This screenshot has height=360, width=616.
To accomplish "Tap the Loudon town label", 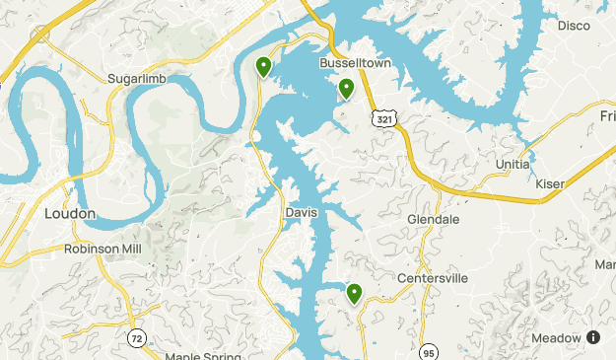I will coord(70,213).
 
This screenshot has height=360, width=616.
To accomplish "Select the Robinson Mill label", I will coord(103,249).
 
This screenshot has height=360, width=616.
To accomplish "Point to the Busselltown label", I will coord(356,62).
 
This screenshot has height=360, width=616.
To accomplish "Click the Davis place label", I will coord(301,212).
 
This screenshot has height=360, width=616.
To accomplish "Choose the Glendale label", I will coord(434,218).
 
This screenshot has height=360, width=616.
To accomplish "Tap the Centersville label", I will coord(432,278).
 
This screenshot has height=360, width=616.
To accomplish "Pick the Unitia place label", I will coord(513,164).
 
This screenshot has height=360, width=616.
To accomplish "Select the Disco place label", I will coord(574,25).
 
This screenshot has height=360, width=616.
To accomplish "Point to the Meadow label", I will coord(556,337).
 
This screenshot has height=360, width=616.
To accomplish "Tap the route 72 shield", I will coord(136,338).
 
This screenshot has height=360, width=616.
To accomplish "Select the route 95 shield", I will coord(428,352).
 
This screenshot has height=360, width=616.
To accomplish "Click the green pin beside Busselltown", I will coord(347,89).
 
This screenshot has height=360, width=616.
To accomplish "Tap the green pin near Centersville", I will coord(354,293).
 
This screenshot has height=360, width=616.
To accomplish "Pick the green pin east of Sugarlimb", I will coord(263,66).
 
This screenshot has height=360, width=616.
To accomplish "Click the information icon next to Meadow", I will coord(593,337).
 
